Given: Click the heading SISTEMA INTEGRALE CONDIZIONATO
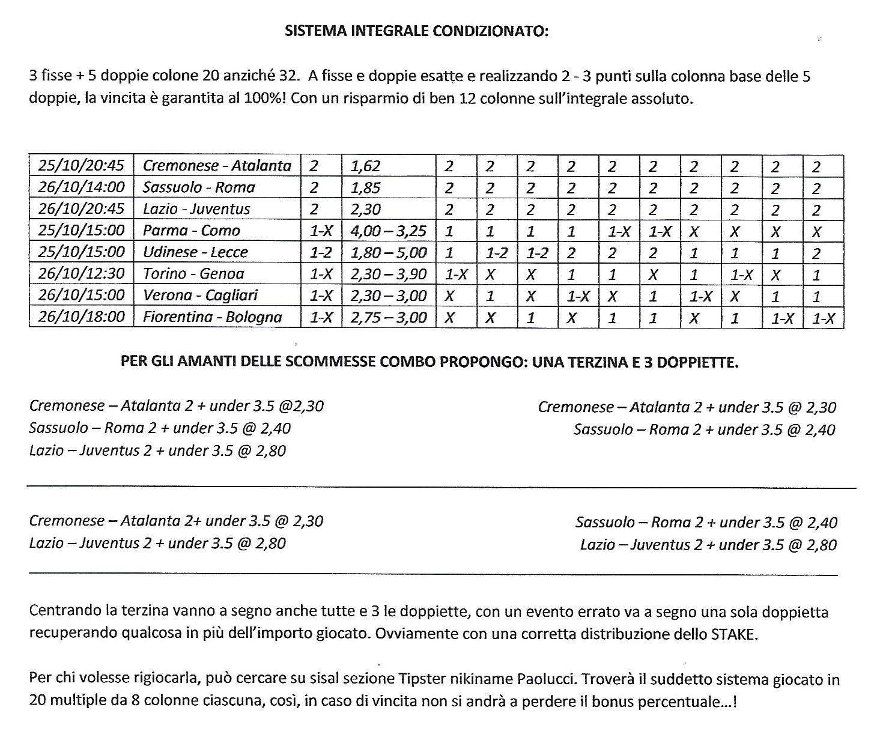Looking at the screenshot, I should [416, 31].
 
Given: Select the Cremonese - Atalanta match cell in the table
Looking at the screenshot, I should [217, 166].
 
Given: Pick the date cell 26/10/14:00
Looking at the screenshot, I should [81, 187].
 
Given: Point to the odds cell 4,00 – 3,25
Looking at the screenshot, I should [387, 231].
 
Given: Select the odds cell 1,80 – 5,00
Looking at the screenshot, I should [387, 252].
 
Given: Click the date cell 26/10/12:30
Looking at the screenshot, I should [81, 274].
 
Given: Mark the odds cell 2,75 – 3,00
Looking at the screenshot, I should [387, 317].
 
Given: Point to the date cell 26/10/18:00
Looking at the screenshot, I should [81, 317].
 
